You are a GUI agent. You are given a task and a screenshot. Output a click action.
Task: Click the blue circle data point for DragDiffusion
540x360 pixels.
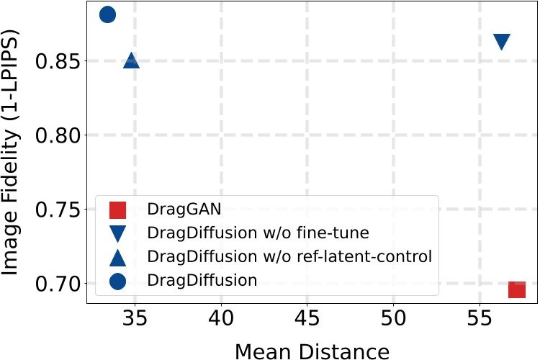click(107, 14)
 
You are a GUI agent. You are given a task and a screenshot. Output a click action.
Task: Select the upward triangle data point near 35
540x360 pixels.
click(131, 60)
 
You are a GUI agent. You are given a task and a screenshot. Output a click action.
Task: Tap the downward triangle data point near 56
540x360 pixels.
click(502, 42)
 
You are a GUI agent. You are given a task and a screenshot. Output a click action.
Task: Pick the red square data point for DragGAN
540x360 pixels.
click(517, 289)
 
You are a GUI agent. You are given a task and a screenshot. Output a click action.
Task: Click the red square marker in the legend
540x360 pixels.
click(117, 210)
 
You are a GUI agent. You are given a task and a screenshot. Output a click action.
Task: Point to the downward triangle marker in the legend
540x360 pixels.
click(117, 234)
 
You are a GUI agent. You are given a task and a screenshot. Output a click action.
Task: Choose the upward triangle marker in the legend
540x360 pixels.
click(117, 257)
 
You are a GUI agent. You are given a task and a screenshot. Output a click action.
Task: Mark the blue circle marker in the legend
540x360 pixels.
click(117, 281)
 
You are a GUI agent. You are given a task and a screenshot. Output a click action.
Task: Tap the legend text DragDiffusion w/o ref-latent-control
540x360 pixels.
click(289, 257)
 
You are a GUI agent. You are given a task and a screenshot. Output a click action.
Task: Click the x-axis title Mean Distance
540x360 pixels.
click(312, 351)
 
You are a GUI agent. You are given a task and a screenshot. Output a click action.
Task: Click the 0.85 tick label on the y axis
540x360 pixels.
click(57, 61)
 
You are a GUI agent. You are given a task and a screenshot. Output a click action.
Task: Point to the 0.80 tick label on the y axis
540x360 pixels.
click(57, 135)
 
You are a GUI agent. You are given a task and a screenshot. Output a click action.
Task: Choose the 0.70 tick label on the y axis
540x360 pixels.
click(57, 284)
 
